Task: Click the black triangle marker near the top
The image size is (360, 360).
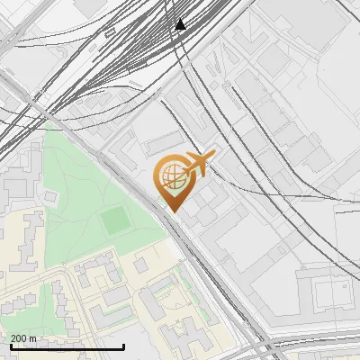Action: pos(181,24)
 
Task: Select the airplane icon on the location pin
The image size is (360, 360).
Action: pos(196,164)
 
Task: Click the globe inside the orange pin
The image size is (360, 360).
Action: pos(171,177)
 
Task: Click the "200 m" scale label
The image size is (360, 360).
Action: pos(23,338)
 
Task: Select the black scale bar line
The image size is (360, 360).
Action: pos(67,346)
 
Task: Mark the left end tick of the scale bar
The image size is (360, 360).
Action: pos(11,345)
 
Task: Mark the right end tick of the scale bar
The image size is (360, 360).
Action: pos(123,345)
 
